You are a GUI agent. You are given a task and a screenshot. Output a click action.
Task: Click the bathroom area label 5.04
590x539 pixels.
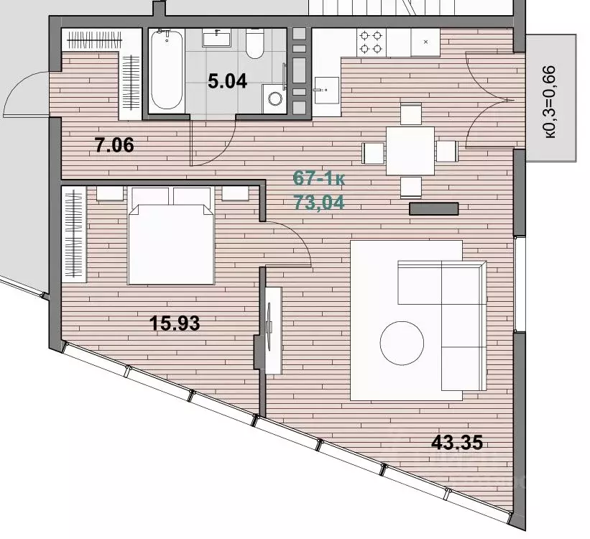[x=227, y=81]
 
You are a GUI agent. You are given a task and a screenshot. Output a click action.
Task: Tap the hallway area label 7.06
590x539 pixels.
[x=114, y=145]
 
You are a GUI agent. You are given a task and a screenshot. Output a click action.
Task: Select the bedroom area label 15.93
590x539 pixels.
[x=175, y=323]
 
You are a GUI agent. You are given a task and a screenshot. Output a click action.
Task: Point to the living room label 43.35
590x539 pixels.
[x=457, y=442]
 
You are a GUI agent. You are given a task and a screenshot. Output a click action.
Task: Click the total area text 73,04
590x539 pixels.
[x=319, y=203]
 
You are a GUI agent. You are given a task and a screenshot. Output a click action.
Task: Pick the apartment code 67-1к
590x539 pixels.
[x=319, y=178]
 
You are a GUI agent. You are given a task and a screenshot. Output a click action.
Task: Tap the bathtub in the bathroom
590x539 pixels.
[x=167, y=70]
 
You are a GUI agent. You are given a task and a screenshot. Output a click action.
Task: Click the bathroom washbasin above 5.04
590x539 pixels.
[x=216, y=38]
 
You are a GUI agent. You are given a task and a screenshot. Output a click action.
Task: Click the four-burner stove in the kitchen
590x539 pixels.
[x=371, y=42]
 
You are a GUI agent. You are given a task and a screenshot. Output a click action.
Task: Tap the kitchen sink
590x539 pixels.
[x=326, y=91]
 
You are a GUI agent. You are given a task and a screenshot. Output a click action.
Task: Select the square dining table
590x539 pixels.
[x=410, y=151]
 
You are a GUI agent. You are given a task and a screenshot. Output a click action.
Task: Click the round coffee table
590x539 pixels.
[x=402, y=343]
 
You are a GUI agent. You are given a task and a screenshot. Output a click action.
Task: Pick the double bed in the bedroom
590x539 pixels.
[x=171, y=236]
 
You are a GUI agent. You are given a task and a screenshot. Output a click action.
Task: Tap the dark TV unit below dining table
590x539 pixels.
[x=434, y=209]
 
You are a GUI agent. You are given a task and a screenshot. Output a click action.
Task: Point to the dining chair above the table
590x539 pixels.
[x=410, y=114]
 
